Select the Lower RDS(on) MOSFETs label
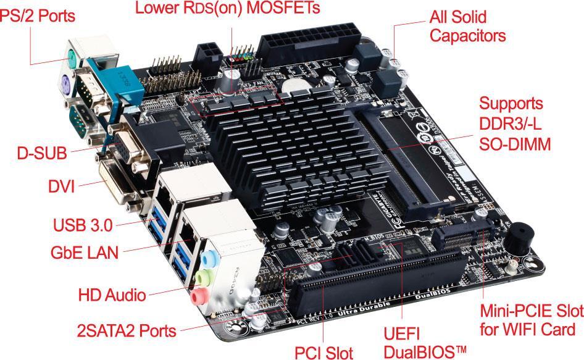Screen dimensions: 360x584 click(228, 9)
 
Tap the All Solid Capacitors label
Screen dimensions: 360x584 click(467, 26)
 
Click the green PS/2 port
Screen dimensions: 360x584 click(73, 60)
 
